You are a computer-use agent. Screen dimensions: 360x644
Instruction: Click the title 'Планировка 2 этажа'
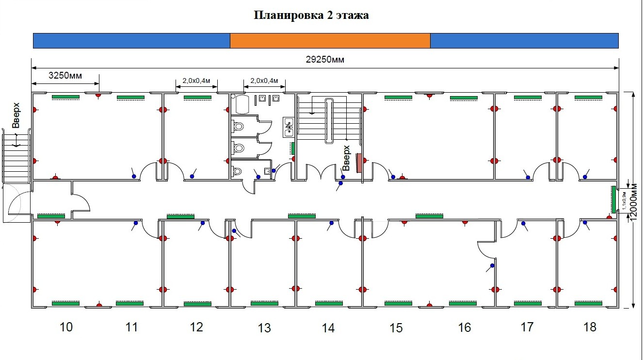click(311, 16)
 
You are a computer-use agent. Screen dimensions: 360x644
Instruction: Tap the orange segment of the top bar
click(330, 41)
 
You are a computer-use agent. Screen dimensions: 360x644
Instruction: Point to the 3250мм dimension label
click(65, 75)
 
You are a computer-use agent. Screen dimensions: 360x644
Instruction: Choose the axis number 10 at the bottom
click(66, 327)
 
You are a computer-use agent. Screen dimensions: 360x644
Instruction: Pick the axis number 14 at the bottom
click(328, 328)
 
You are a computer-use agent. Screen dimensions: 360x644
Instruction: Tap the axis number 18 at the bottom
click(590, 327)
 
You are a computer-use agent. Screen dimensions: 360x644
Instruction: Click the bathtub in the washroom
click(241, 104)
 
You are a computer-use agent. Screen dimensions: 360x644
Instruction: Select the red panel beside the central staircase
click(359, 163)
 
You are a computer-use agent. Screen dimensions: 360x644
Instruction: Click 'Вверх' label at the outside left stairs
click(16, 115)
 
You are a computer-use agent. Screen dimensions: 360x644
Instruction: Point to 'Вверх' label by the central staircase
click(346, 158)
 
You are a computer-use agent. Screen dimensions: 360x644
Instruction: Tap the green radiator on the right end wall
click(613, 199)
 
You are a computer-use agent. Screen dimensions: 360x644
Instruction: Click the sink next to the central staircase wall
click(289, 127)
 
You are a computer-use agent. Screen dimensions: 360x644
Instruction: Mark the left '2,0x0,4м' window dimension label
click(196, 81)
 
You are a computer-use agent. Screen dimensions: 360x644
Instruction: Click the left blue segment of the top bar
click(131, 41)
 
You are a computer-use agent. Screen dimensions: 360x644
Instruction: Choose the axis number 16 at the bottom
click(464, 328)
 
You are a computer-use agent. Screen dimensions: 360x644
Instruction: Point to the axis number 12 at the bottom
click(196, 327)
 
